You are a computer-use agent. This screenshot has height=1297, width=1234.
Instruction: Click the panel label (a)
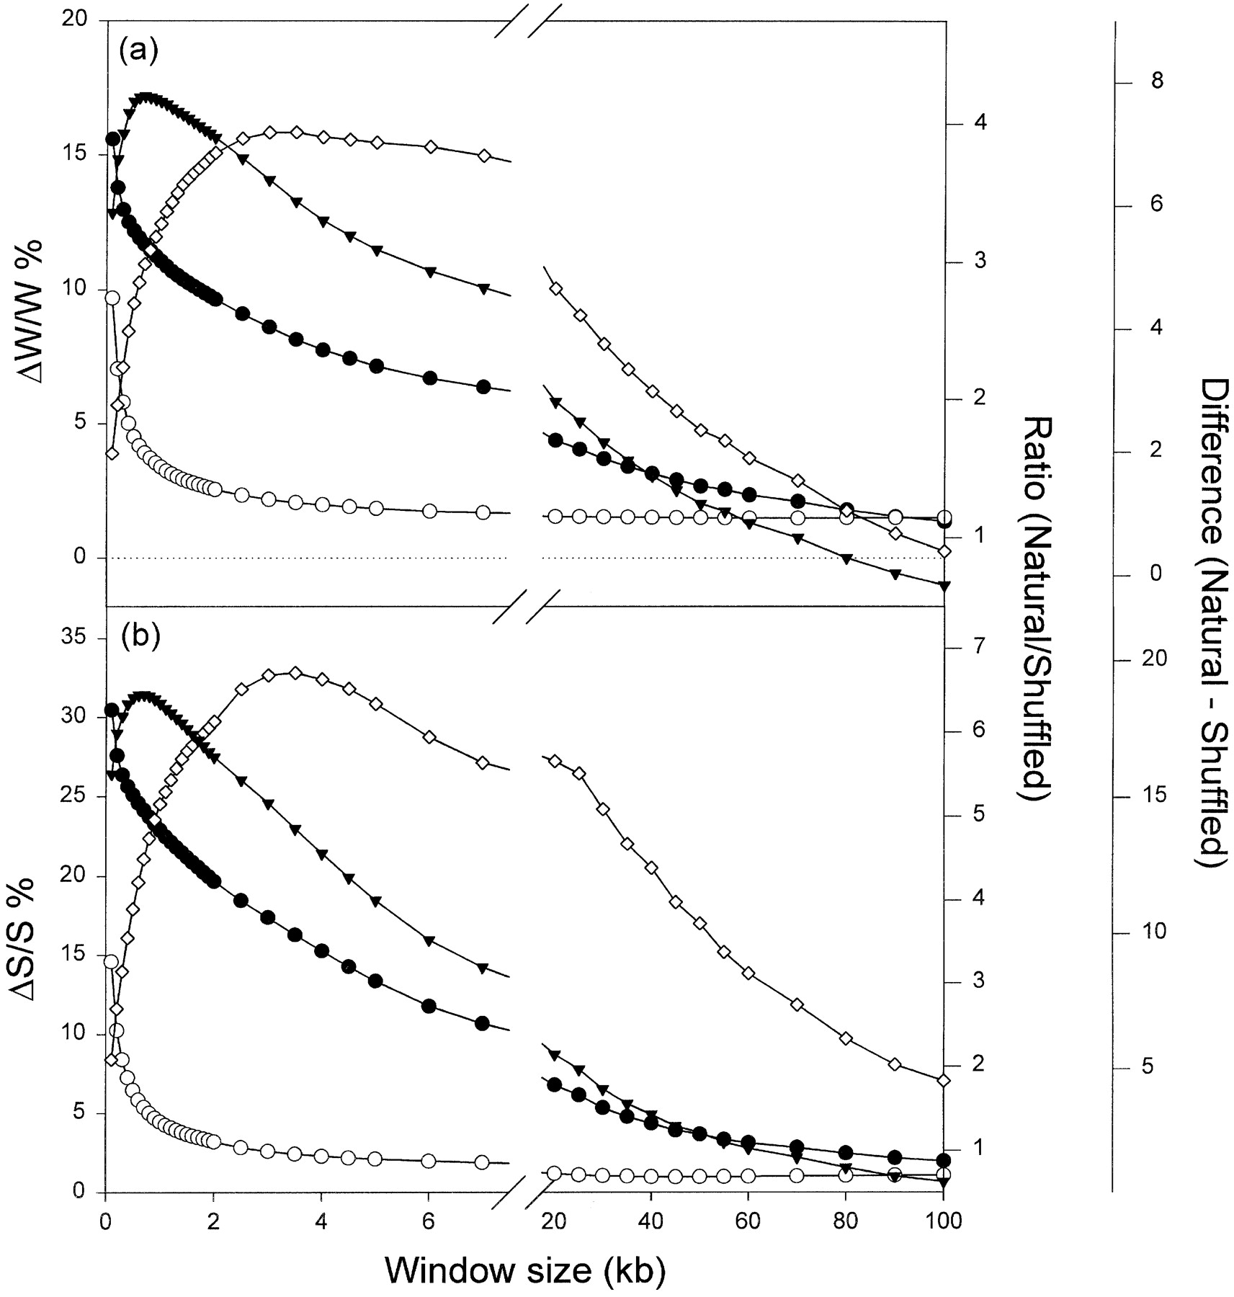[138, 51]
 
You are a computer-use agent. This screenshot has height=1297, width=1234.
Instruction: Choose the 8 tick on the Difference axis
[1157, 81]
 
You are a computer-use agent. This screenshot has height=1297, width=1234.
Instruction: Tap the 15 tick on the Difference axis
[1153, 795]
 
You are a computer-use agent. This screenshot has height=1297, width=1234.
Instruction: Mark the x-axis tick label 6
[429, 1219]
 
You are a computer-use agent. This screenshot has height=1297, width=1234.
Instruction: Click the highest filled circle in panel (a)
[112, 138]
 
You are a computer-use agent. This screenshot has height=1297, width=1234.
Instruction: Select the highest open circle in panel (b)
[111, 961]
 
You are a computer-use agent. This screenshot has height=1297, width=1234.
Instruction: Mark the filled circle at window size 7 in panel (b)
[483, 1023]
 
